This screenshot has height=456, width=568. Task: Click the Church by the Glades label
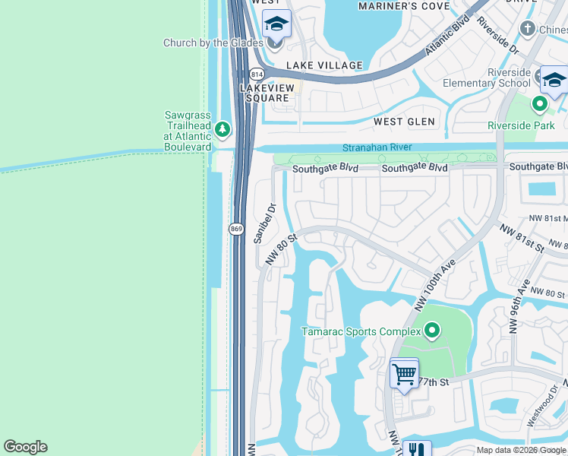click(213, 43)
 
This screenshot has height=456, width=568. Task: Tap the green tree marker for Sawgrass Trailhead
click(222, 129)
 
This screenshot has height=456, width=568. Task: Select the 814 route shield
click(257, 74)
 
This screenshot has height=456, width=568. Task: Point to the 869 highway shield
click(237, 228)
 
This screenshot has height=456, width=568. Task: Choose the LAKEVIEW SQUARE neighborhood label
click(265, 93)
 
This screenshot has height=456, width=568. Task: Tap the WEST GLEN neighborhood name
click(404, 122)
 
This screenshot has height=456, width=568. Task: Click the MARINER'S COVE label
click(409, 6)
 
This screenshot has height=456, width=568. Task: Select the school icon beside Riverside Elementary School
click(554, 79)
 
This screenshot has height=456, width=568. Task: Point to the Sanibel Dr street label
click(263, 223)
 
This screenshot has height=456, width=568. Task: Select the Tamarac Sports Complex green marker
click(432, 331)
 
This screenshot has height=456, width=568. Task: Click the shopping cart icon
click(404, 374)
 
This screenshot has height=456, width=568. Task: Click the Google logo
click(25, 447)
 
